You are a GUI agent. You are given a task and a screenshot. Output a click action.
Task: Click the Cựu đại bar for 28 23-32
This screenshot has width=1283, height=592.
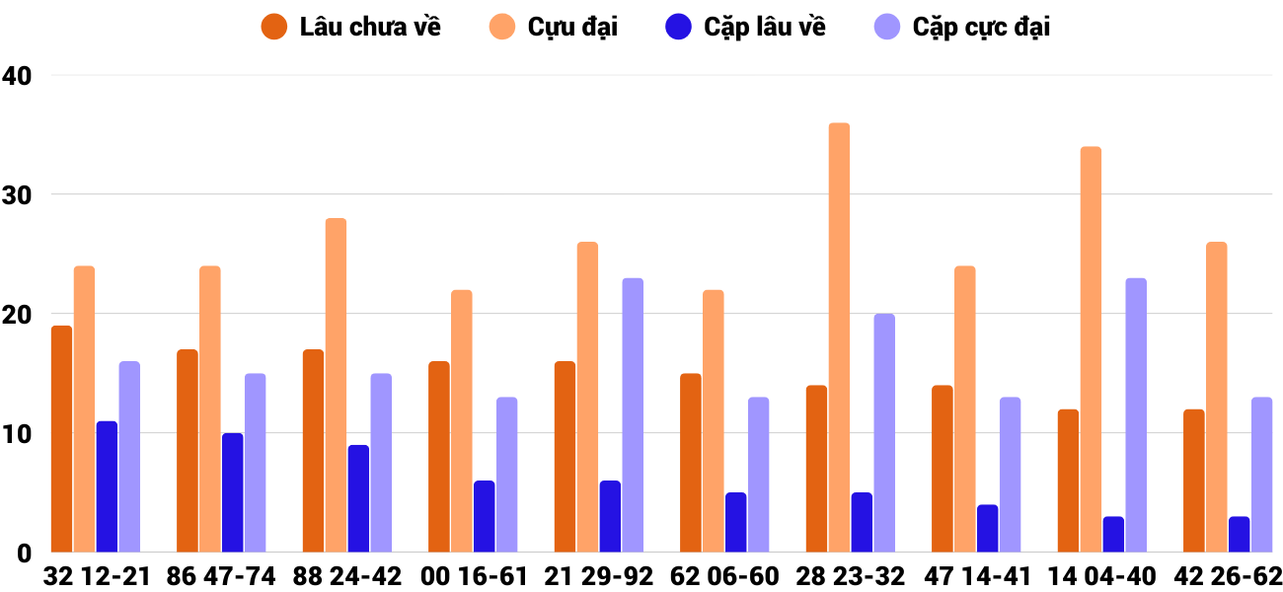(x=839, y=337)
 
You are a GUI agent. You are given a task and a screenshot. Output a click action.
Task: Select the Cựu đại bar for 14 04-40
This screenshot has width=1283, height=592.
(x=1091, y=349)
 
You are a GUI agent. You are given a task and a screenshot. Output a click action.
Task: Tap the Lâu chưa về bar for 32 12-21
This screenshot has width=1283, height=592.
(x=61, y=439)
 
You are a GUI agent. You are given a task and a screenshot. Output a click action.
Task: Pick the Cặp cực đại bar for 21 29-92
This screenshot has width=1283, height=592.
(x=633, y=415)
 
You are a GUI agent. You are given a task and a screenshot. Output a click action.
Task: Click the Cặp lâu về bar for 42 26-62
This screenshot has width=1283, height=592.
(x=1239, y=534)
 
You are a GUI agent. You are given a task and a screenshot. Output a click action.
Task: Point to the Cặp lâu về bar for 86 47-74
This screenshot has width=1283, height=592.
(x=232, y=492)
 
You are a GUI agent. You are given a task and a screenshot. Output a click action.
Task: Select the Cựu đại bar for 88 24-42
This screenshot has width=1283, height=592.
(x=336, y=385)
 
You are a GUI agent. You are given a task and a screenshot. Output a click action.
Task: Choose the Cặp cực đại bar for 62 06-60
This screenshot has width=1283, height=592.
(x=758, y=475)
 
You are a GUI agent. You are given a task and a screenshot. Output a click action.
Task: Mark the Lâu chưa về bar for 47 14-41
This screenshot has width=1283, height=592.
(x=943, y=469)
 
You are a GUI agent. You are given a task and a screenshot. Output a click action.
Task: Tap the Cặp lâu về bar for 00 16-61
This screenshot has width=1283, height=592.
(x=484, y=516)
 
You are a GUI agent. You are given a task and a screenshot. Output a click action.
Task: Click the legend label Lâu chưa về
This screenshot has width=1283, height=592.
(x=370, y=27)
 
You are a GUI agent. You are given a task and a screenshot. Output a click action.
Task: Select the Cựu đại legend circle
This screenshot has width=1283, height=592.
(x=501, y=27)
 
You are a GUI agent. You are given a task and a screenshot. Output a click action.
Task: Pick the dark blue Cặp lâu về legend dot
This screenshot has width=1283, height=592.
(x=678, y=27)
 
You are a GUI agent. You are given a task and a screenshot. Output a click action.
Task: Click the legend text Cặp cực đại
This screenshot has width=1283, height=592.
(x=981, y=27)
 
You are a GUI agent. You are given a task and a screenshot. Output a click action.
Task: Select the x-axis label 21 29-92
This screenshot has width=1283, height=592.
(x=599, y=576)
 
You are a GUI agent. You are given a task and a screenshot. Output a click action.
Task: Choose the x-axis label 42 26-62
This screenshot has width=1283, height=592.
(x=1228, y=576)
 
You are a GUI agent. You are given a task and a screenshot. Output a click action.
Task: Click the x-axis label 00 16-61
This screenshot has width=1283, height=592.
(x=473, y=576)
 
